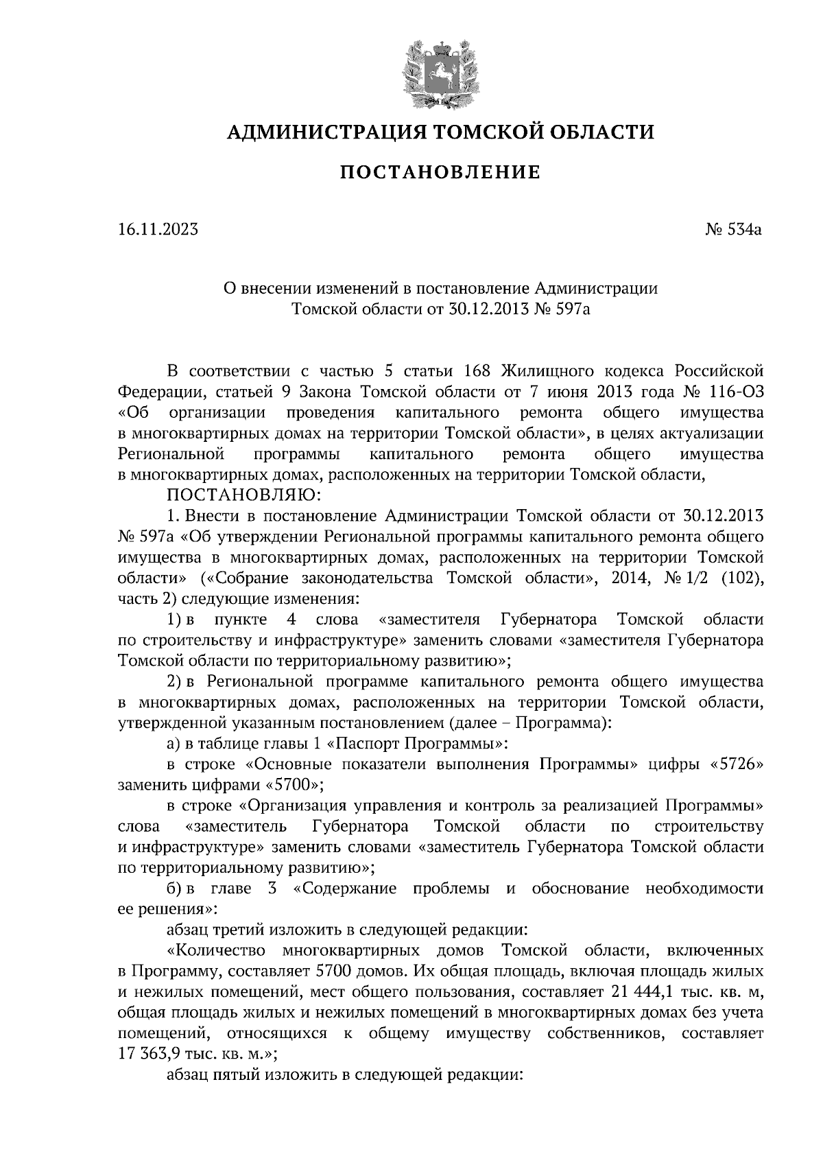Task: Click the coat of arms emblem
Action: (440, 74)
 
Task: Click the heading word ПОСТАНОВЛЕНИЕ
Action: (440, 172)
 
